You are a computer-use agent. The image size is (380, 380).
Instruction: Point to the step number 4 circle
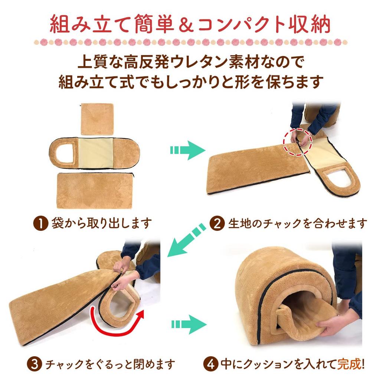[x=211, y=364]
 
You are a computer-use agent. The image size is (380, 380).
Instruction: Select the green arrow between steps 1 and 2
[x=187, y=150]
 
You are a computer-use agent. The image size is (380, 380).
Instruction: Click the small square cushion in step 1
[x=97, y=119]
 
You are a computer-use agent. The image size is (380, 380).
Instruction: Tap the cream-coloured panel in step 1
[x=96, y=153]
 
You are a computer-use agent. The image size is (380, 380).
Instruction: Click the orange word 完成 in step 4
[x=349, y=364]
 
